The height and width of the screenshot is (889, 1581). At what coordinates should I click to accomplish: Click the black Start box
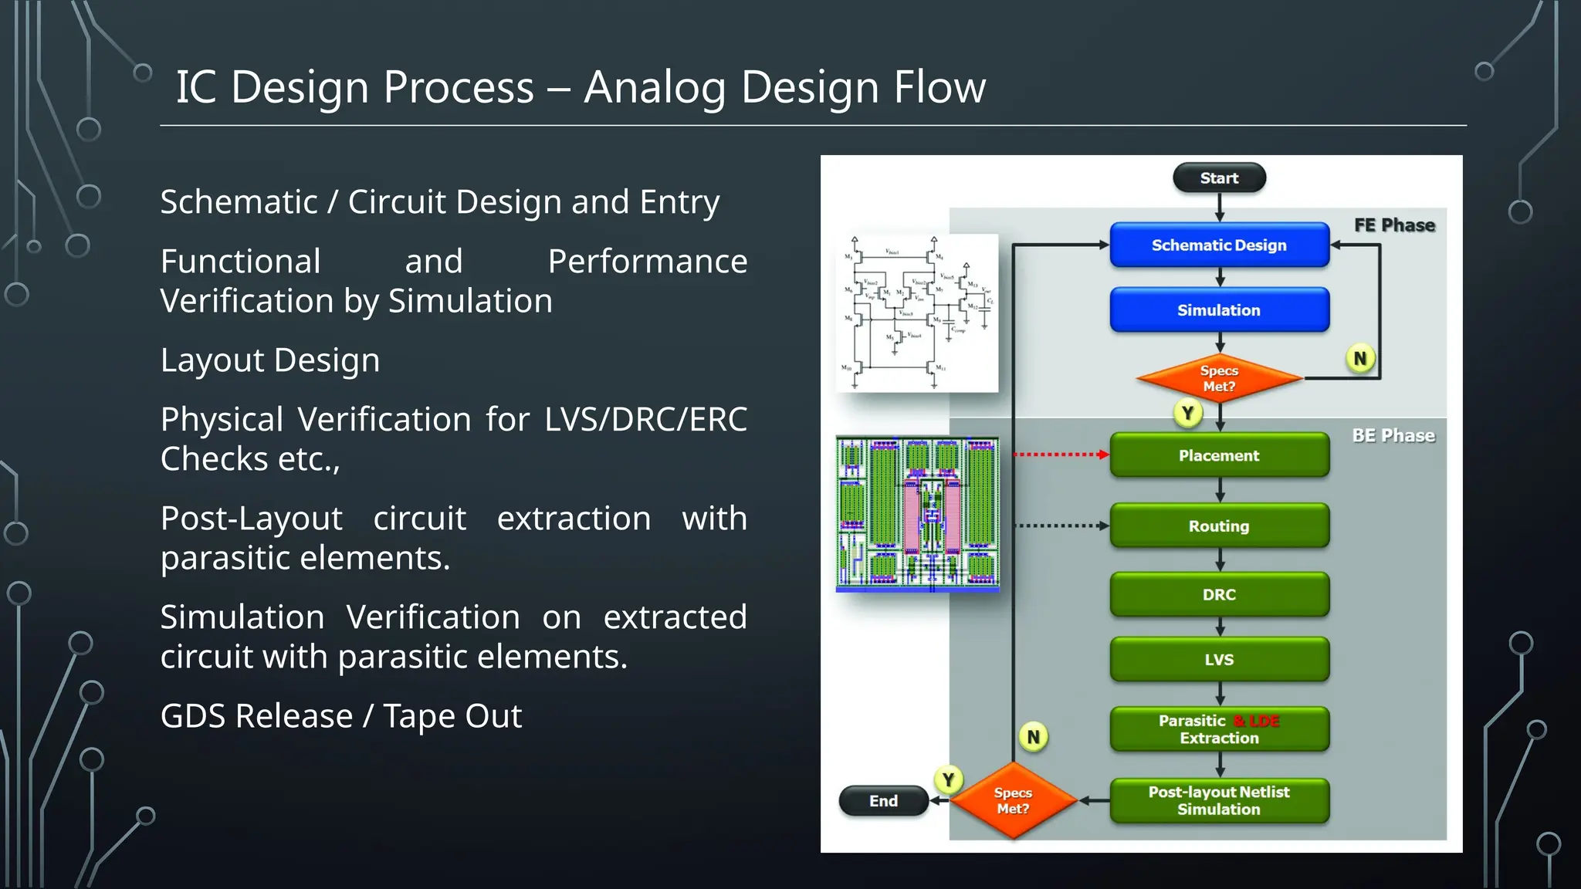click(x=1219, y=177)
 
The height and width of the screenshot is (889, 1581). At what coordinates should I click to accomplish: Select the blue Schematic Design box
click(x=1219, y=245)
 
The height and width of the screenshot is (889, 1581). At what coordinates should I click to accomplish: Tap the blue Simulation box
click(x=1219, y=309)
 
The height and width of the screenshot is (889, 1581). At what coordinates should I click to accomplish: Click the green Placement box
click(x=1219, y=455)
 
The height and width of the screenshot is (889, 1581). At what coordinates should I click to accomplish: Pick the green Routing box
click(x=1219, y=526)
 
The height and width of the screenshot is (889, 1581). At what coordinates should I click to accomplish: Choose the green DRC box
click(x=1219, y=594)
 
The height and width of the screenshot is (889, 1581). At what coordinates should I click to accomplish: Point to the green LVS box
click(x=1219, y=659)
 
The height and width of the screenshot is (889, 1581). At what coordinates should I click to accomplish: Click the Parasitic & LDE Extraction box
click(x=1219, y=728)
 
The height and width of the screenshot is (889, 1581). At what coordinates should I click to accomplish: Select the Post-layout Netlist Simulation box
click(x=1219, y=800)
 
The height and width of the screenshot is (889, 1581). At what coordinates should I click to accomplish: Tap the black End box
click(x=883, y=800)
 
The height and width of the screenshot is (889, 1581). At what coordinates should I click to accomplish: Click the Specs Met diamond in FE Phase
click(x=1219, y=378)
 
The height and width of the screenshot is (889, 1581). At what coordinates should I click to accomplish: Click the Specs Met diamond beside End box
click(x=1013, y=800)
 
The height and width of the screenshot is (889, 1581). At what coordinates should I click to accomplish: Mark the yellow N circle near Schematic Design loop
click(x=1360, y=358)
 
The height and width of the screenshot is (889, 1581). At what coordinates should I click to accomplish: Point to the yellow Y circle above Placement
click(x=1188, y=413)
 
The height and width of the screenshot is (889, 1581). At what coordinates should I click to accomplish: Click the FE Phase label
click(x=1394, y=225)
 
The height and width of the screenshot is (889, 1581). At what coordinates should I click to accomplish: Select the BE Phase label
click(x=1393, y=435)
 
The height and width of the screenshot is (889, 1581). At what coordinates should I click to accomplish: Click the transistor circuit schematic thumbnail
click(x=917, y=313)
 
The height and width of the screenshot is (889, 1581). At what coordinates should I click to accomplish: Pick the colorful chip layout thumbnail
click(x=917, y=514)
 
